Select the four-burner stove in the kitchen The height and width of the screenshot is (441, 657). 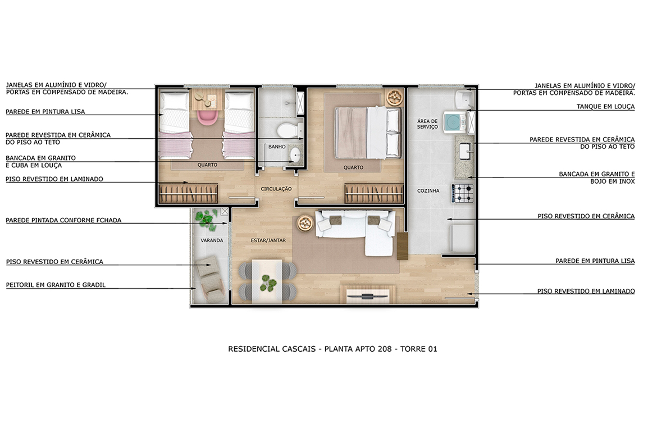click(x=463, y=193)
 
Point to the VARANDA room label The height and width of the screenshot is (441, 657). click(x=212, y=240)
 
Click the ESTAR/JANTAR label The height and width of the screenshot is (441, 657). click(x=268, y=240)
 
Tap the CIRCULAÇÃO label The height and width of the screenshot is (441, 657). click(x=276, y=189)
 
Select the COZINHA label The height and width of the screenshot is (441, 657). click(x=428, y=191)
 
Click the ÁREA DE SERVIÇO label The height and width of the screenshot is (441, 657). click(x=427, y=124)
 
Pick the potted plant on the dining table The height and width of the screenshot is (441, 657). click(x=268, y=284)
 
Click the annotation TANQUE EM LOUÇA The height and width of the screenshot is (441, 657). click(x=605, y=106)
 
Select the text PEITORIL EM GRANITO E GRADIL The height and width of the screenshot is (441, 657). click(x=56, y=285)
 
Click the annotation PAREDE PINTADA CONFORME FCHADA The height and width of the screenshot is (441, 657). click(x=63, y=220)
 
